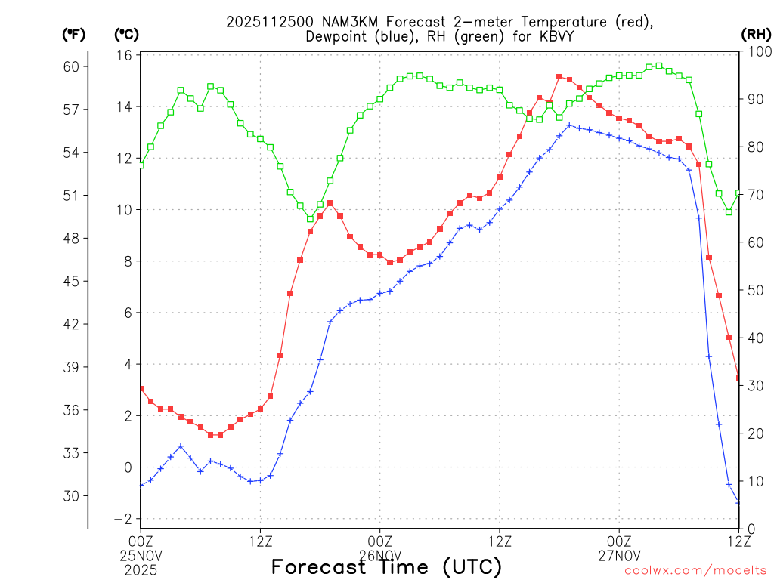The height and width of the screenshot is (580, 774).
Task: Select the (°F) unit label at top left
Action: (74, 34)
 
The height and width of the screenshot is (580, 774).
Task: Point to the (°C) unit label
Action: (125, 34)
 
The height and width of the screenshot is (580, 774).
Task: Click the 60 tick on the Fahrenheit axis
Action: (71, 66)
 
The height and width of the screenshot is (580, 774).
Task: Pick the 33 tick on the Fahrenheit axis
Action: (71, 453)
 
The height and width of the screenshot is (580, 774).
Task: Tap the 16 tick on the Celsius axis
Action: (125, 55)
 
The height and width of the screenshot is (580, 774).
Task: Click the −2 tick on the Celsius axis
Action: (123, 519)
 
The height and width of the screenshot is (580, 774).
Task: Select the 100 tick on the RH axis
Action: (757, 51)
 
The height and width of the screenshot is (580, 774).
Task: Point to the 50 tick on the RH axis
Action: (754, 290)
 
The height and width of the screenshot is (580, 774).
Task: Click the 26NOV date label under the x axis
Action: (379, 555)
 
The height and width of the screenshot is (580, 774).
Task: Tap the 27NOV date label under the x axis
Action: (619, 555)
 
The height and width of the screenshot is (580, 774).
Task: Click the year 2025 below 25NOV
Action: (141, 569)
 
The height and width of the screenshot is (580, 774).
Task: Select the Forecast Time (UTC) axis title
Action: (386, 566)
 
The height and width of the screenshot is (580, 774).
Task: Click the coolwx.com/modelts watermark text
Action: (695, 570)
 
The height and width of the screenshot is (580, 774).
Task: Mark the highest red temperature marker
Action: (559, 77)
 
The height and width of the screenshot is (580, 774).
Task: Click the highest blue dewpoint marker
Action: (569, 125)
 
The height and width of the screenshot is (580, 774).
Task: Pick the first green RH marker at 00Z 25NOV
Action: (141, 165)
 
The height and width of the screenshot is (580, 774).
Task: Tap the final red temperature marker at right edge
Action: (738, 378)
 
